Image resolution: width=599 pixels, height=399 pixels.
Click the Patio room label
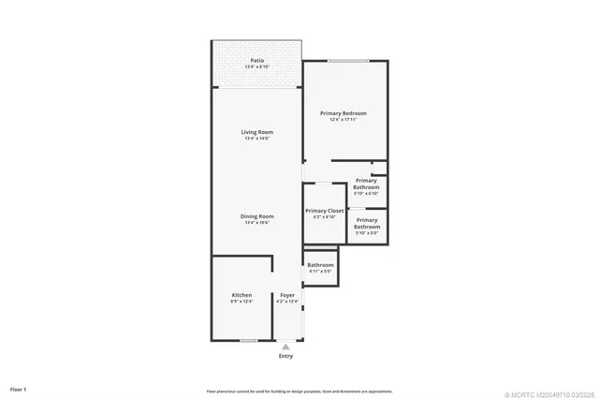click(x=256, y=60)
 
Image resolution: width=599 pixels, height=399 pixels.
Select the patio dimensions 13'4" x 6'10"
click(x=256, y=66)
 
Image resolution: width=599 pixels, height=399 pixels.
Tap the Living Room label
click(x=256, y=132)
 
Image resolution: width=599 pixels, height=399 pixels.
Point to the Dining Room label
click(x=256, y=216)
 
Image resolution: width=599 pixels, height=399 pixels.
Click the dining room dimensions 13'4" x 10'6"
click(x=256, y=223)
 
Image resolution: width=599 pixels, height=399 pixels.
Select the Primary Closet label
click(x=325, y=211)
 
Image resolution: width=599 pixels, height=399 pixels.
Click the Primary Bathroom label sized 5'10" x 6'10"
click(x=366, y=184)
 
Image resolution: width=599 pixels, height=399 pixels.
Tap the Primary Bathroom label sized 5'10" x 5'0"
click(x=366, y=223)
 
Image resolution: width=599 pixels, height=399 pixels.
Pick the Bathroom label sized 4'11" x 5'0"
click(x=320, y=265)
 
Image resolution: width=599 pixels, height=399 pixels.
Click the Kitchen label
click(x=241, y=295)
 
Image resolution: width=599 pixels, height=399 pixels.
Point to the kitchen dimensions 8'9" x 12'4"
click(x=241, y=302)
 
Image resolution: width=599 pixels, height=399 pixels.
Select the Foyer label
click(x=286, y=295)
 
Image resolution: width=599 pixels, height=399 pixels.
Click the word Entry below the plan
click(x=285, y=356)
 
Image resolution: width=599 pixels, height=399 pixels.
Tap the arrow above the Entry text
click(x=285, y=347)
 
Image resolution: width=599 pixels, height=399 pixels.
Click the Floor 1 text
click(x=19, y=388)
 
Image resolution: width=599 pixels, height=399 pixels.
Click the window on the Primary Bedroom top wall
click(x=345, y=62)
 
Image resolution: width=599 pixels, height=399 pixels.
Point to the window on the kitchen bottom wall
click(x=248, y=340)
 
